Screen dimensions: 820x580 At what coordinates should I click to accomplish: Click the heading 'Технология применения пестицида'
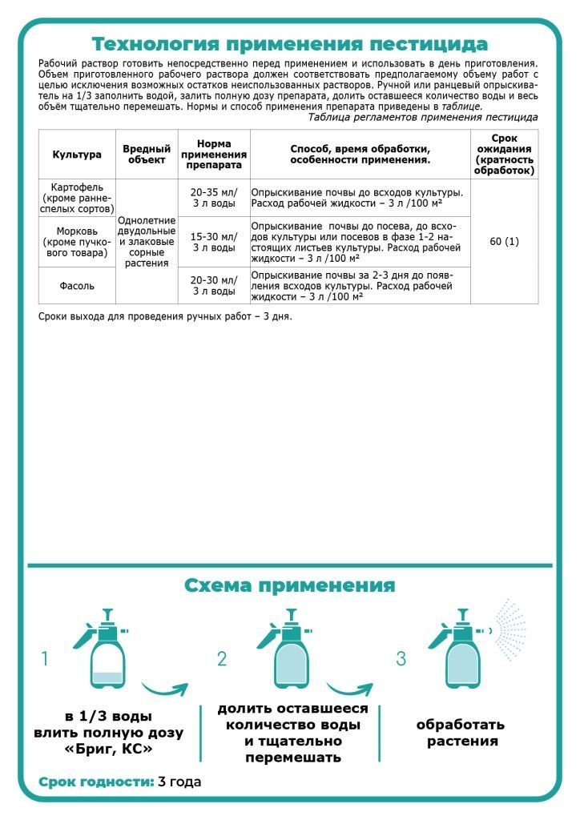click(x=289, y=43)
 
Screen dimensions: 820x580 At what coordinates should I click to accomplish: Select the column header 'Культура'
click(x=77, y=154)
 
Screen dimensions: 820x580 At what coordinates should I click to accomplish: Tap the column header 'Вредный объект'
click(x=147, y=154)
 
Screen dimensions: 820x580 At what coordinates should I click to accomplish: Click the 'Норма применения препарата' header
click(x=213, y=154)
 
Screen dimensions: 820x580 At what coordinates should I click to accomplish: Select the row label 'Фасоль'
click(x=77, y=285)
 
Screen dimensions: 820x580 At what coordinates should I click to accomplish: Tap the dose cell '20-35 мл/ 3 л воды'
click(x=213, y=198)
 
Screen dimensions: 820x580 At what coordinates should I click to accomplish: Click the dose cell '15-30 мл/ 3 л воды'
click(x=213, y=242)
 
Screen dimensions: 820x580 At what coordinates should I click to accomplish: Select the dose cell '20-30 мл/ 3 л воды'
click(x=213, y=285)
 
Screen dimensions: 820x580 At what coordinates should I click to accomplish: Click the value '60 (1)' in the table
click(x=504, y=241)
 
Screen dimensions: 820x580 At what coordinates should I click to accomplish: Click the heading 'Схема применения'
click(x=289, y=585)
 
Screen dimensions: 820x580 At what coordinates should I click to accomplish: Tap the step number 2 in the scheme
click(x=222, y=659)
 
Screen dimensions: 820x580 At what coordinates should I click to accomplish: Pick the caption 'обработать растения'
click(x=461, y=733)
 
